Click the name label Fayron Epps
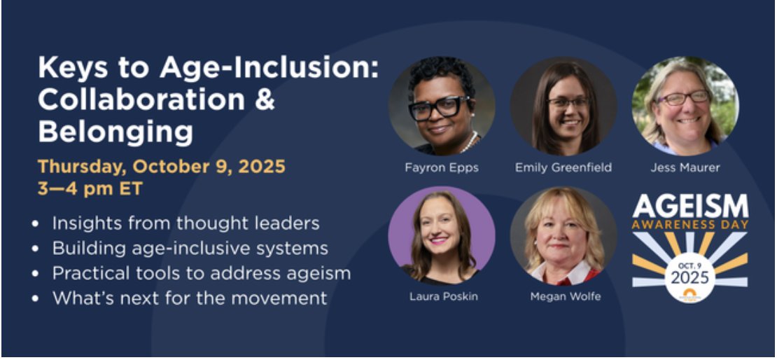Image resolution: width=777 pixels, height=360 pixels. [442, 167]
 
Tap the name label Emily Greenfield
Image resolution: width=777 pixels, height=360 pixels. [563, 167]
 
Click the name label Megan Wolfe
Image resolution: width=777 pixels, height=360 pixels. [563, 296]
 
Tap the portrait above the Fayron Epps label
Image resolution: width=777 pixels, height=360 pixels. [442, 105]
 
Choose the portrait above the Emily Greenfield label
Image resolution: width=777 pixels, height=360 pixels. [563, 105]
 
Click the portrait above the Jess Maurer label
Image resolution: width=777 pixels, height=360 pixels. [685, 105]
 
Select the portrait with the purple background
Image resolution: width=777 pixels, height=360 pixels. [442, 235]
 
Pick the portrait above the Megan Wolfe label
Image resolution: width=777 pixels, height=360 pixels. [563, 235]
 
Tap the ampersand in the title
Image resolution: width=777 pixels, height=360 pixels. [263, 99]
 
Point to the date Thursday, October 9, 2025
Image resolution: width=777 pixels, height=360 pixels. [162, 167]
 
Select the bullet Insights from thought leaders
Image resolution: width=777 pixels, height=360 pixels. [185, 223]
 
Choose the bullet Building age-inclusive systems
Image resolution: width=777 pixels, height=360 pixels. [190, 248]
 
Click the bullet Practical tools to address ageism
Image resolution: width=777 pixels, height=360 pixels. [201, 272]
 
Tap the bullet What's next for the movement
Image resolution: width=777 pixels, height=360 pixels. [189, 298]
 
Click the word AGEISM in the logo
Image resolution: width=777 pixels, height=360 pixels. [690, 207]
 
